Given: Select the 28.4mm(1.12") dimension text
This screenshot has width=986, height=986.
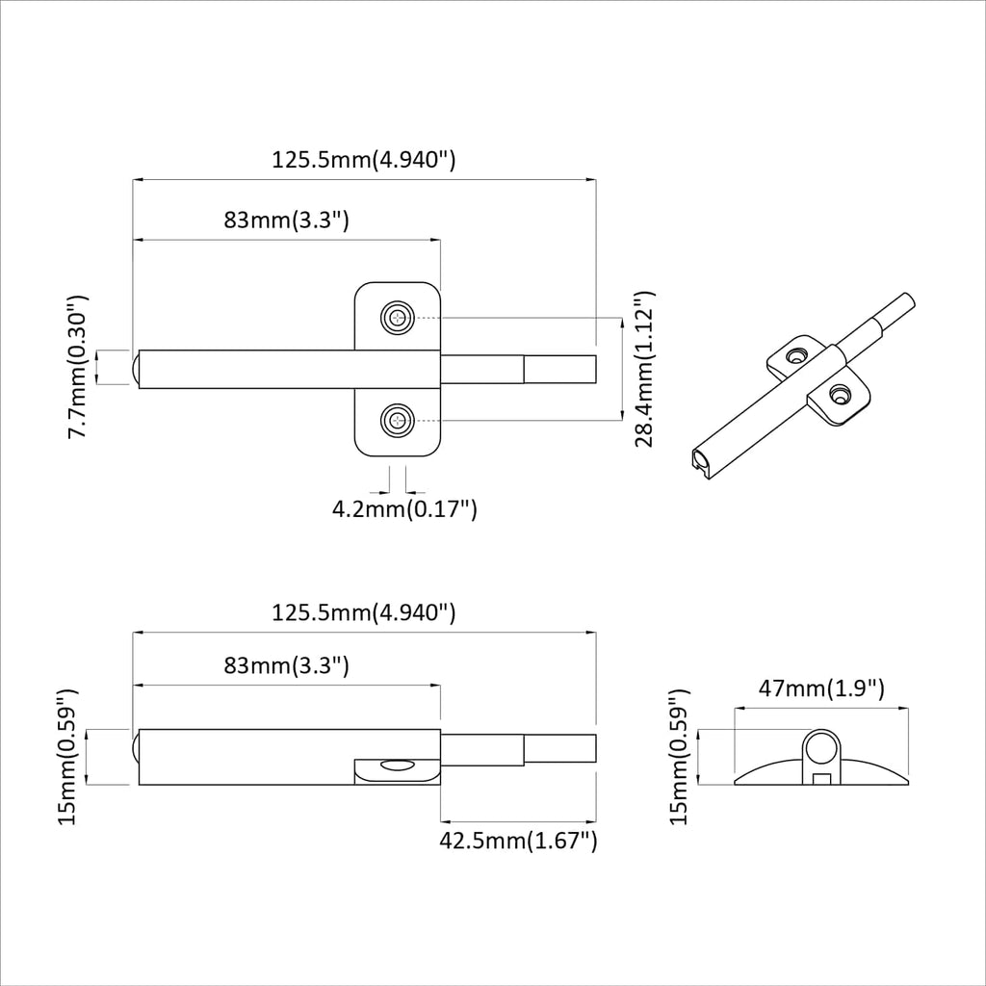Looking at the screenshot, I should click(645, 369).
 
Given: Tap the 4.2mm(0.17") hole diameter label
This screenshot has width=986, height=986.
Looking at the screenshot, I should click(404, 508).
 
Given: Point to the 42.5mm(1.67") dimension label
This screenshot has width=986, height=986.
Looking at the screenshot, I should click(518, 841).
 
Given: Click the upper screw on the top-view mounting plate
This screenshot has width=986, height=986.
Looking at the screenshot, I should click(397, 318).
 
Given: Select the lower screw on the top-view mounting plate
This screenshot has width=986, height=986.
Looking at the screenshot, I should click(397, 420).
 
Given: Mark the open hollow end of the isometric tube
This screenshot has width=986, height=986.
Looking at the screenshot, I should click(705, 460).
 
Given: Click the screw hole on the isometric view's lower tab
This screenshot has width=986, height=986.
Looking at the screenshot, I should click(840, 394).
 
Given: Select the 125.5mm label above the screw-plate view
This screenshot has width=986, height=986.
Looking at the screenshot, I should click(363, 160).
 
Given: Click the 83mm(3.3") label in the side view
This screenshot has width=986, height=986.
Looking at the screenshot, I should click(286, 665).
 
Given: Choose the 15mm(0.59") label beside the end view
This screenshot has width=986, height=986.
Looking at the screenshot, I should click(680, 757).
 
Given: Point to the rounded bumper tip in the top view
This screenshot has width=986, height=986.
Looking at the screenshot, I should click(134, 368).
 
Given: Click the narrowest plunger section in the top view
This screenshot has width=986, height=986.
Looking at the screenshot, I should click(560, 369).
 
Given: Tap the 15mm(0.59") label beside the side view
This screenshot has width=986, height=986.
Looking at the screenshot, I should click(65, 757).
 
